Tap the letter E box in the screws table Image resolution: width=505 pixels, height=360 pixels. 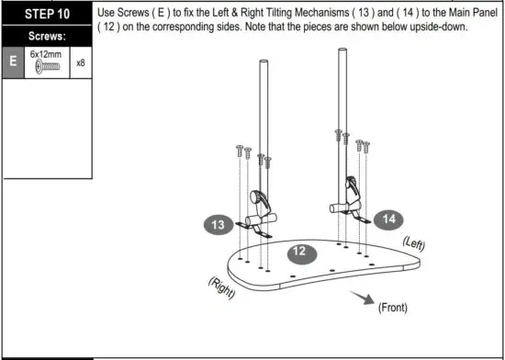pos(13,63)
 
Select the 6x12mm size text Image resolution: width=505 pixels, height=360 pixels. pos(45,55)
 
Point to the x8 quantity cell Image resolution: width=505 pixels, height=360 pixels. pos(81,63)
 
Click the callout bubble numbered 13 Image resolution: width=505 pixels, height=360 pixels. pos(219,224)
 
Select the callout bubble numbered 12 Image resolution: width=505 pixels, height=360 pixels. pos(298,250)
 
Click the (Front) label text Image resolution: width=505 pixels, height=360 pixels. pos(392,308)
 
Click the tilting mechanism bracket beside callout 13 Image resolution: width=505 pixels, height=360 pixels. pos(262,207)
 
